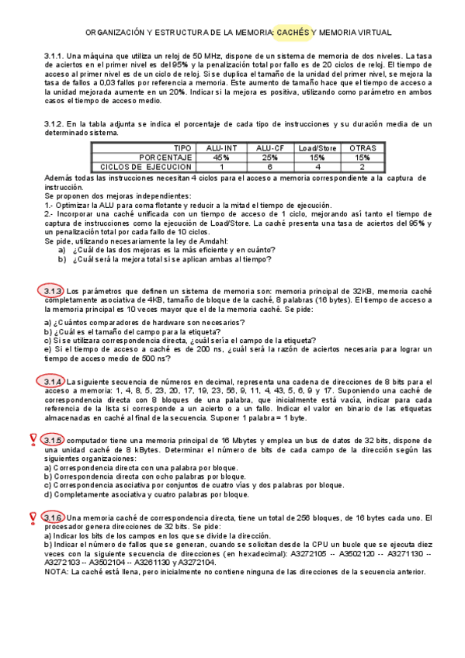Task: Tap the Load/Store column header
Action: [317, 148]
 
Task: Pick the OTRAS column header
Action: [363, 148]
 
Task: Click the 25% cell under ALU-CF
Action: [269, 157]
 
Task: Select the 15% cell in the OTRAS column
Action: [363, 157]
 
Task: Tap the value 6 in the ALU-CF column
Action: [269, 166]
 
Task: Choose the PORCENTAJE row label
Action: [160, 157]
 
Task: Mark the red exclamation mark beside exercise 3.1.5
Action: [33, 440]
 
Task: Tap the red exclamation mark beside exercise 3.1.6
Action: [33, 517]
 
